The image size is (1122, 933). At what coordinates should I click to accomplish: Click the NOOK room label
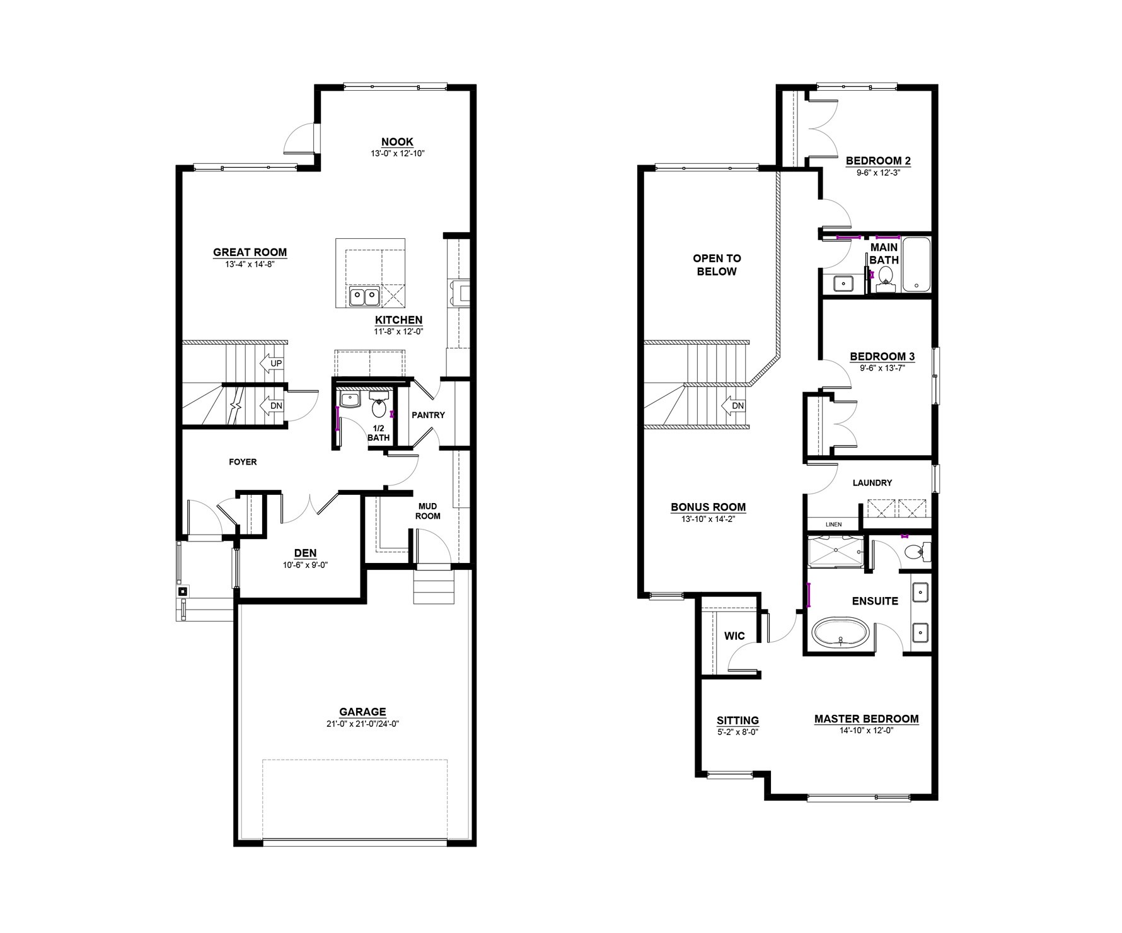tap(397, 142)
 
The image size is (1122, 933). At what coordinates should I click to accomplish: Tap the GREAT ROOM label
tap(250, 252)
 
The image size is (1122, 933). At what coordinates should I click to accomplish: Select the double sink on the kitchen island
tap(364, 296)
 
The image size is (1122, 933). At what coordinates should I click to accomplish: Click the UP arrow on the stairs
tap(270, 364)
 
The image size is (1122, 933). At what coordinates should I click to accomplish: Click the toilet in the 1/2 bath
tap(379, 406)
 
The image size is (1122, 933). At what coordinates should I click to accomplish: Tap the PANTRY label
tap(428, 415)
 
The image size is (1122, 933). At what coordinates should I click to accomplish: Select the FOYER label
tap(243, 462)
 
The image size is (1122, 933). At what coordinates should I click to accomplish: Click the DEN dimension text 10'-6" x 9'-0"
tap(306, 565)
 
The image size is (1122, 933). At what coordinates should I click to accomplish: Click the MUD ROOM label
tap(427, 511)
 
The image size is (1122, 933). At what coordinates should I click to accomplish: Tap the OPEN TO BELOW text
tap(717, 265)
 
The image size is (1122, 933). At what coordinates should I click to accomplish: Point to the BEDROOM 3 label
tap(882, 357)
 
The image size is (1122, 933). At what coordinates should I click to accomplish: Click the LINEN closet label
tap(833, 524)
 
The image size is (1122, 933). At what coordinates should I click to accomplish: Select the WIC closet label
tap(734, 635)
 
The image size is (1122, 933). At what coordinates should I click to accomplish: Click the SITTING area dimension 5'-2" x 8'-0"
tap(737, 733)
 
